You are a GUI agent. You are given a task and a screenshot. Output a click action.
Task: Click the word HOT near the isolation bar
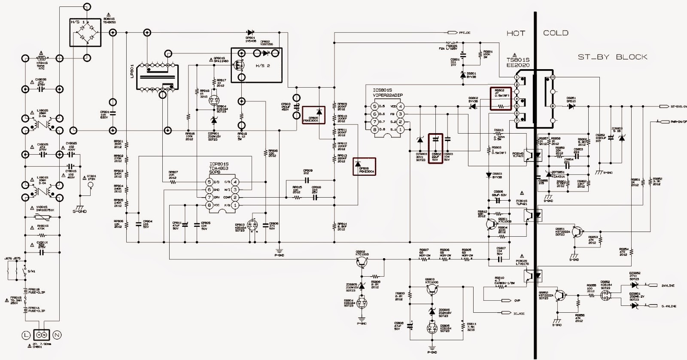pos(515,33)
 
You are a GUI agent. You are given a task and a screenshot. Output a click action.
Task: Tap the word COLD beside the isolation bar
pos(556,33)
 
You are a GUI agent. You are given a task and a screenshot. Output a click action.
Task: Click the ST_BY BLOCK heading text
pos(612,57)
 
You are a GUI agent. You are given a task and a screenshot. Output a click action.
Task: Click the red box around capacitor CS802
pos(436,148)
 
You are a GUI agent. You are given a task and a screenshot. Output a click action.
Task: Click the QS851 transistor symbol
pos(579,232)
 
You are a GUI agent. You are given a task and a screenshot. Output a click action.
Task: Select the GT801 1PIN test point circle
pos(91,186)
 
